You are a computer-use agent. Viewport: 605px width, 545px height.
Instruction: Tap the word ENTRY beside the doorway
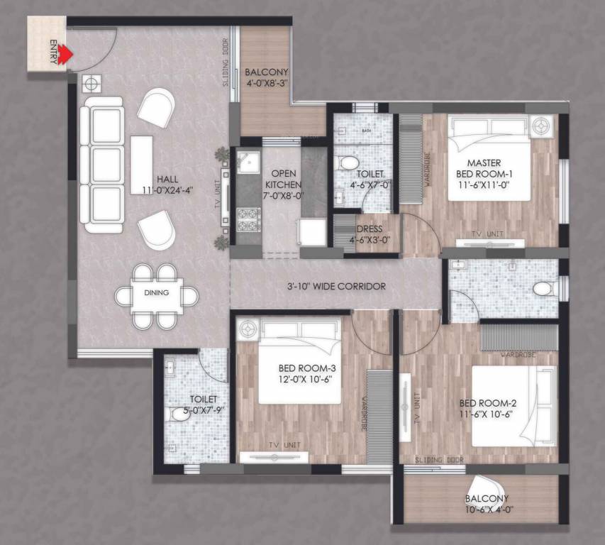(53, 54)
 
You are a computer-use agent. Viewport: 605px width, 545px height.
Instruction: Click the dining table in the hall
(157, 295)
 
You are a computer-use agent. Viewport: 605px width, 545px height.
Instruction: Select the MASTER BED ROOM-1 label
(484, 169)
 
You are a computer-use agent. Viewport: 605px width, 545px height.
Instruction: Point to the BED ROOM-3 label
(306, 368)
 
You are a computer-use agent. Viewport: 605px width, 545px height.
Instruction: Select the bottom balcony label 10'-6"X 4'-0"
(487, 510)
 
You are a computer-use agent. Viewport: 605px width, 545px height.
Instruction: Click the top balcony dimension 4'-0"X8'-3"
(266, 84)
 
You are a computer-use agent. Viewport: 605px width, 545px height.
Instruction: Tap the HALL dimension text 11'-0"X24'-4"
(169, 189)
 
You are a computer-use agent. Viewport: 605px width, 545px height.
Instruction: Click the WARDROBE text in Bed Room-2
(517, 353)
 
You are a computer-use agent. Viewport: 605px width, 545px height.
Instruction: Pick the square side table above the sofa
(91, 84)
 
